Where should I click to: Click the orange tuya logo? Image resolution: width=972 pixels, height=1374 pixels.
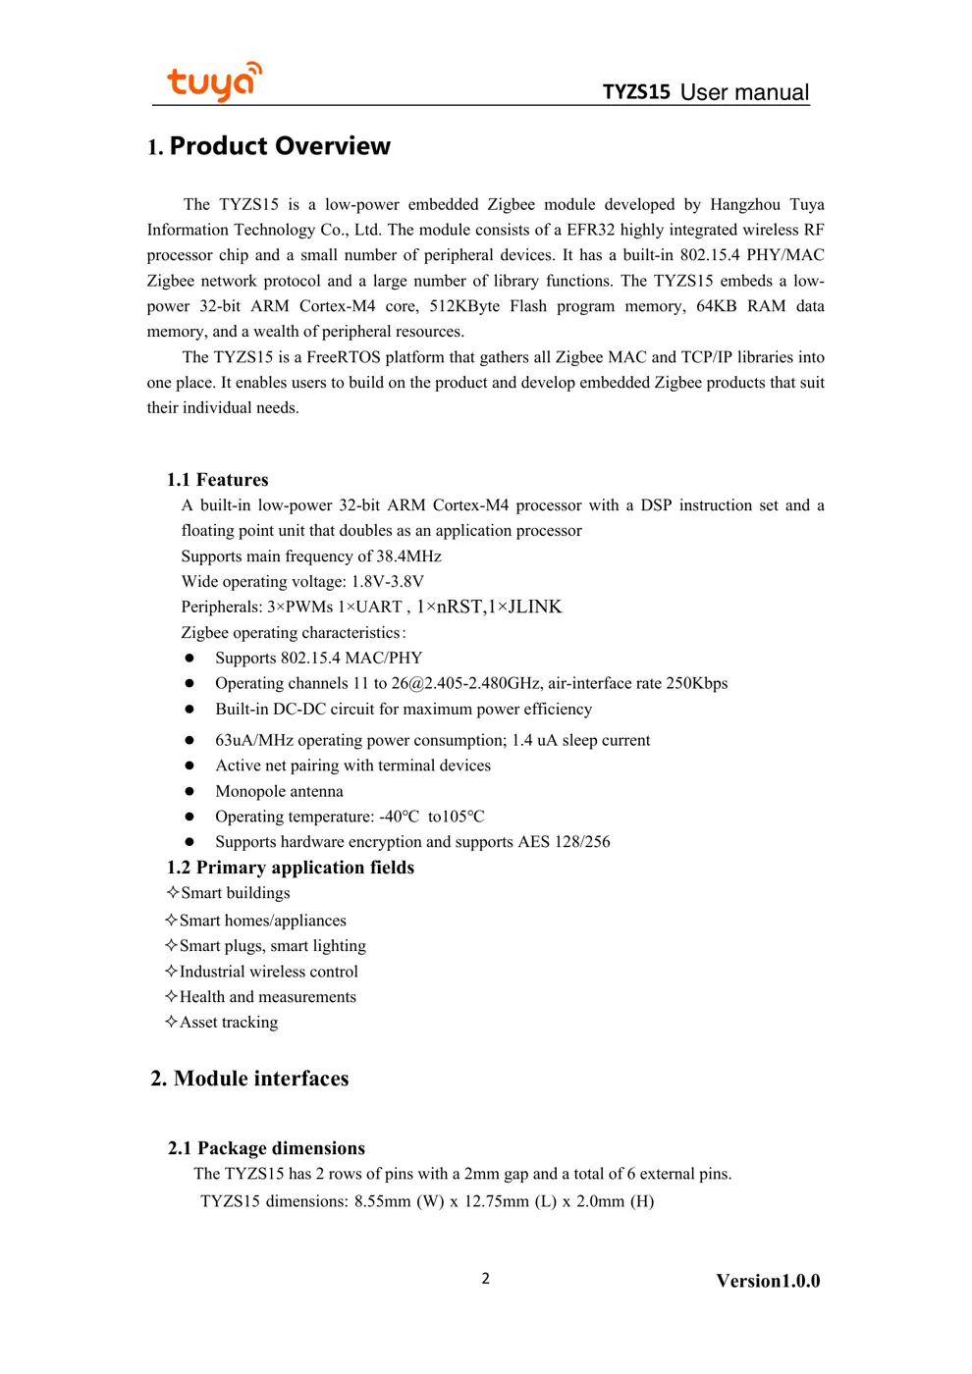(x=214, y=81)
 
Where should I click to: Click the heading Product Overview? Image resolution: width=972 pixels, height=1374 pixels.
(x=279, y=146)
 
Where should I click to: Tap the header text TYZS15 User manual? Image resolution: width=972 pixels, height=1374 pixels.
(x=705, y=92)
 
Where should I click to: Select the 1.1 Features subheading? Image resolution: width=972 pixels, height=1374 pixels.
(x=217, y=480)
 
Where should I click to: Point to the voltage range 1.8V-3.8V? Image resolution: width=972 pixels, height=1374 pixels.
(x=388, y=582)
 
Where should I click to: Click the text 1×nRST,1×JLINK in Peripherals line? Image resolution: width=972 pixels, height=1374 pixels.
(x=489, y=608)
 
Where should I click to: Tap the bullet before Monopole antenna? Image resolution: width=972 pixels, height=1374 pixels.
(x=189, y=791)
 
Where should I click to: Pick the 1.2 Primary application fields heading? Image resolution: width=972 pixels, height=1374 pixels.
(x=291, y=868)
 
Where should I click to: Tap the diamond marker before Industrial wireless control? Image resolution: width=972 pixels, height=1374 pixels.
(x=172, y=972)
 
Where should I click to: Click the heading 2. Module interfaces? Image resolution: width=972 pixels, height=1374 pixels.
(x=249, y=1079)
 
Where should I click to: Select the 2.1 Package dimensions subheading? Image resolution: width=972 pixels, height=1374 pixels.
(x=266, y=1148)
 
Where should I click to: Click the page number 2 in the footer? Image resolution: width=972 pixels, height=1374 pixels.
(x=485, y=1278)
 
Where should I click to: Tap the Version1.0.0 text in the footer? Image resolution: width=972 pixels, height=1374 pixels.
(x=768, y=1281)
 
